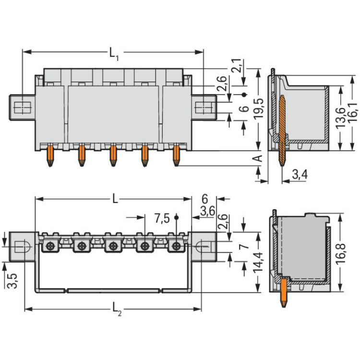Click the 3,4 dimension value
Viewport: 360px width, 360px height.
tap(300, 175)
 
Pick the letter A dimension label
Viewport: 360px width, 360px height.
tap(258, 159)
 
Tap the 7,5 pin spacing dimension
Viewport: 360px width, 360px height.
tap(162, 218)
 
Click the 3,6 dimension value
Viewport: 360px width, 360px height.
tap(207, 211)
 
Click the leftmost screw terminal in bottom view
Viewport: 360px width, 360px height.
tap(49, 247)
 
